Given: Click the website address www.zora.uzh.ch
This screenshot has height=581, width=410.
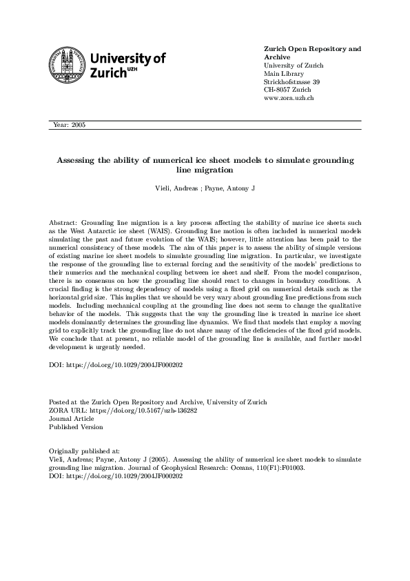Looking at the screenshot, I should point(289,99).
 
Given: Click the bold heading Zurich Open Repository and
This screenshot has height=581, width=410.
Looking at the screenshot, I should point(312,50).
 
